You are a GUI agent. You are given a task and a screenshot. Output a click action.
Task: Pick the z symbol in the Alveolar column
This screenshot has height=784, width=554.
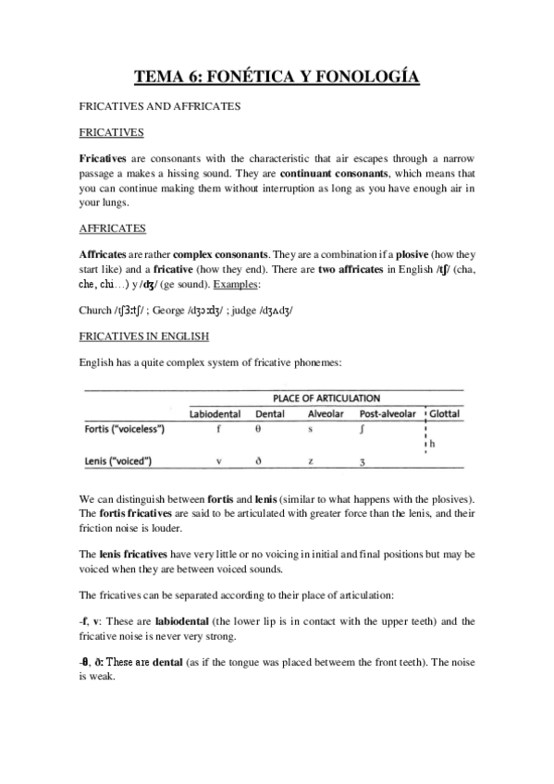[311, 460]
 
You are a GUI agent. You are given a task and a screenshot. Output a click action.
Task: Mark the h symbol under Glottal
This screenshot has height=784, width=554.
[432, 445]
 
